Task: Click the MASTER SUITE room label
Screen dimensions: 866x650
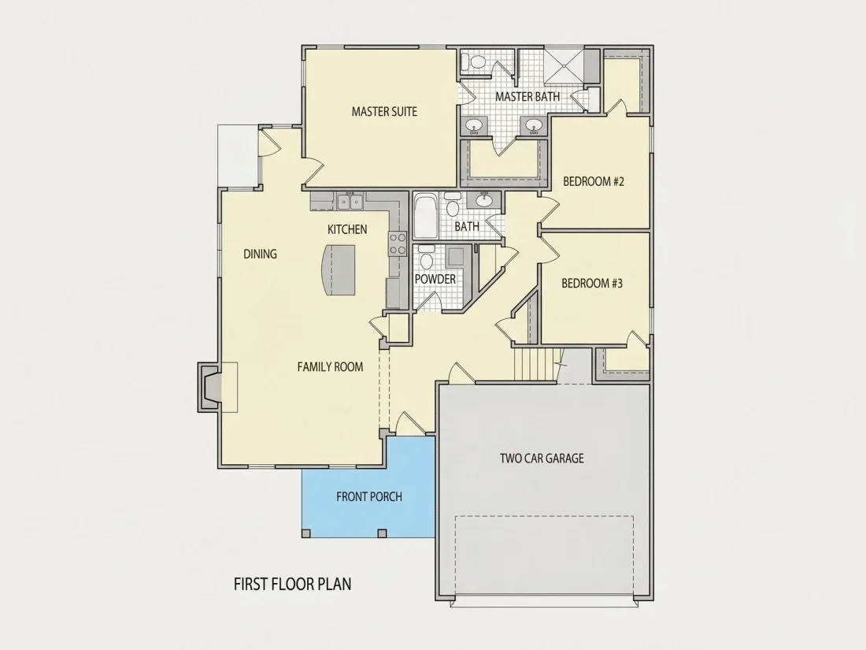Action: click(x=384, y=112)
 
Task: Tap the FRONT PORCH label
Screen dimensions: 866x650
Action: click(x=369, y=497)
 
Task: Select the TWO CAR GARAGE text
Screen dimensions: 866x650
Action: click(x=542, y=459)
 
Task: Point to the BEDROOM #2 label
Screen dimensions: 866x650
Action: click(x=593, y=181)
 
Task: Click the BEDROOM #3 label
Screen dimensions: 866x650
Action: click(x=592, y=284)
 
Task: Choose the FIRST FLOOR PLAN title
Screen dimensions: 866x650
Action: click(x=292, y=585)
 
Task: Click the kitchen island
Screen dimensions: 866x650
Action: click(x=338, y=270)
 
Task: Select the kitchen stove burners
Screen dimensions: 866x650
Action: click(x=398, y=243)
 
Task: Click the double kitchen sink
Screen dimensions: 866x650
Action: click(x=350, y=202)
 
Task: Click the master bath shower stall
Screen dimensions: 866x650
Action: click(x=563, y=65)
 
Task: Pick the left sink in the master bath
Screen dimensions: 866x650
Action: click(x=475, y=127)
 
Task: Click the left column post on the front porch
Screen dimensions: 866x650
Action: click(x=306, y=533)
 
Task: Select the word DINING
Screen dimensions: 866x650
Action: click(x=260, y=254)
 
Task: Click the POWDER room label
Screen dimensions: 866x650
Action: click(x=435, y=279)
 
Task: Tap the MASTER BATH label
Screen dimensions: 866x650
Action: click(x=527, y=97)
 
